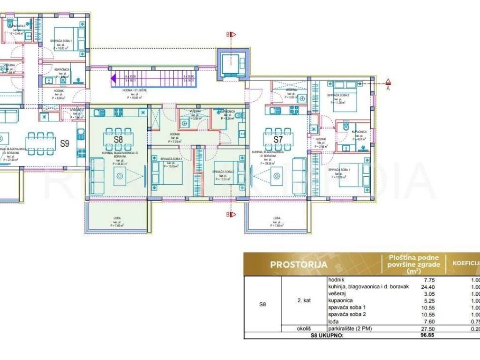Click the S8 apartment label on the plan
(x=119, y=139)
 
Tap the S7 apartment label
(x=278, y=139)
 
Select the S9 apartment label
(x=65, y=143)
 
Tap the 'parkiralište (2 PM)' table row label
(x=351, y=329)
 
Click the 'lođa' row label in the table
(x=334, y=322)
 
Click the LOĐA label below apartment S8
(x=117, y=218)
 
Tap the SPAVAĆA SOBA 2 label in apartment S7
(x=334, y=95)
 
